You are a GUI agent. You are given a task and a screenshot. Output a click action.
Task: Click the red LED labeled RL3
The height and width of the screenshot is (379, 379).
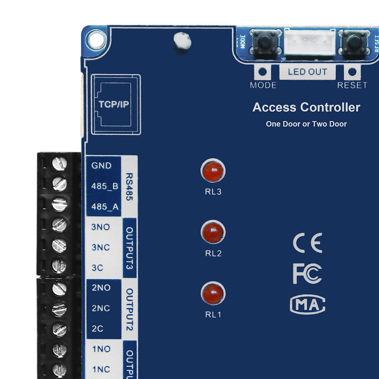pyautogui.click(x=213, y=171)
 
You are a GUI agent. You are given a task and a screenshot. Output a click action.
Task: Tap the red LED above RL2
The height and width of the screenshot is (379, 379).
pyautogui.click(x=213, y=232)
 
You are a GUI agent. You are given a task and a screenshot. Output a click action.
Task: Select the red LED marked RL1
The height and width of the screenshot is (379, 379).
pyautogui.click(x=213, y=294)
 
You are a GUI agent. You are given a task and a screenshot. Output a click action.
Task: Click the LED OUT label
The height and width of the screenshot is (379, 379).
pyautogui.click(x=307, y=72)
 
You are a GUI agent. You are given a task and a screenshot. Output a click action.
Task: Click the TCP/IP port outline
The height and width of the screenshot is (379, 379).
pyautogui.click(x=116, y=104)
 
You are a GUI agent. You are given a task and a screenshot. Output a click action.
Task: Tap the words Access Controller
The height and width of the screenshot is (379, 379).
pyautogui.click(x=306, y=107)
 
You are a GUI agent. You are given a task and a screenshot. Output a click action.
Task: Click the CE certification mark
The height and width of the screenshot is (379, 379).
pyautogui.click(x=307, y=243)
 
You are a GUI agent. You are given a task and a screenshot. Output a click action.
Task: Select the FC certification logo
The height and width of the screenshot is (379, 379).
pyautogui.click(x=307, y=274)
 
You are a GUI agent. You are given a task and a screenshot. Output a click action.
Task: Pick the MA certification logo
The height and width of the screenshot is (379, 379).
pyautogui.click(x=307, y=304)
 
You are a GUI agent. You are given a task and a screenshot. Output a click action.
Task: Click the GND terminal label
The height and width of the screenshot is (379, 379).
pyautogui.click(x=101, y=166)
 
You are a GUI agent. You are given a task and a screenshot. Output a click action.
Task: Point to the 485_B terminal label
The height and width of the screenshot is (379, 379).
pyautogui.click(x=104, y=186)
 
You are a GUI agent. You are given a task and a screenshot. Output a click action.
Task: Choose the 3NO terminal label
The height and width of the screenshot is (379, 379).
pyautogui.click(x=101, y=227)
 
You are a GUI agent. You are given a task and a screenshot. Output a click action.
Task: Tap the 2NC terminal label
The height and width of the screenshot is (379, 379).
pyautogui.click(x=101, y=308)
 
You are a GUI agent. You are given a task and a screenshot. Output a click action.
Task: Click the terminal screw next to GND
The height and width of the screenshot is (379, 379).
pyautogui.click(x=60, y=164)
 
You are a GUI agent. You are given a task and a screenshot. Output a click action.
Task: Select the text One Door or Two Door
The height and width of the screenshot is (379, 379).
pyautogui.click(x=306, y=124)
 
